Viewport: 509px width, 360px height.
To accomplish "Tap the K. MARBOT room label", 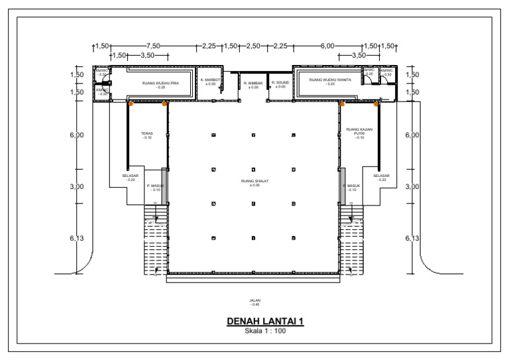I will click(210, 80).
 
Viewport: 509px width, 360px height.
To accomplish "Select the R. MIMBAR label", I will click(253, 84).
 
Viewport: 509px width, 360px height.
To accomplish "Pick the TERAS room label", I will click(146, 134).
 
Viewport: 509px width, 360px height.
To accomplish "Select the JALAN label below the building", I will click(254, 300).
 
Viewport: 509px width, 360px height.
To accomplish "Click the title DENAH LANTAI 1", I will click(265, 322).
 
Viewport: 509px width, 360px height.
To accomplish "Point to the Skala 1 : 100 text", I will click(265, 331).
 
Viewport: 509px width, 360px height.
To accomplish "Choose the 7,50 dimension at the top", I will click(153, 46).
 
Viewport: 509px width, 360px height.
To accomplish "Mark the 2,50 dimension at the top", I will click(253, 46).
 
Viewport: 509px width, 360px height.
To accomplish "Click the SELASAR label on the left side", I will click(130, 176).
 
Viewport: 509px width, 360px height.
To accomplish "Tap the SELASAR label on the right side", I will click(381, 176).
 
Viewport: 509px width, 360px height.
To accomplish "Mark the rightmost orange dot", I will click(376, 103).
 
